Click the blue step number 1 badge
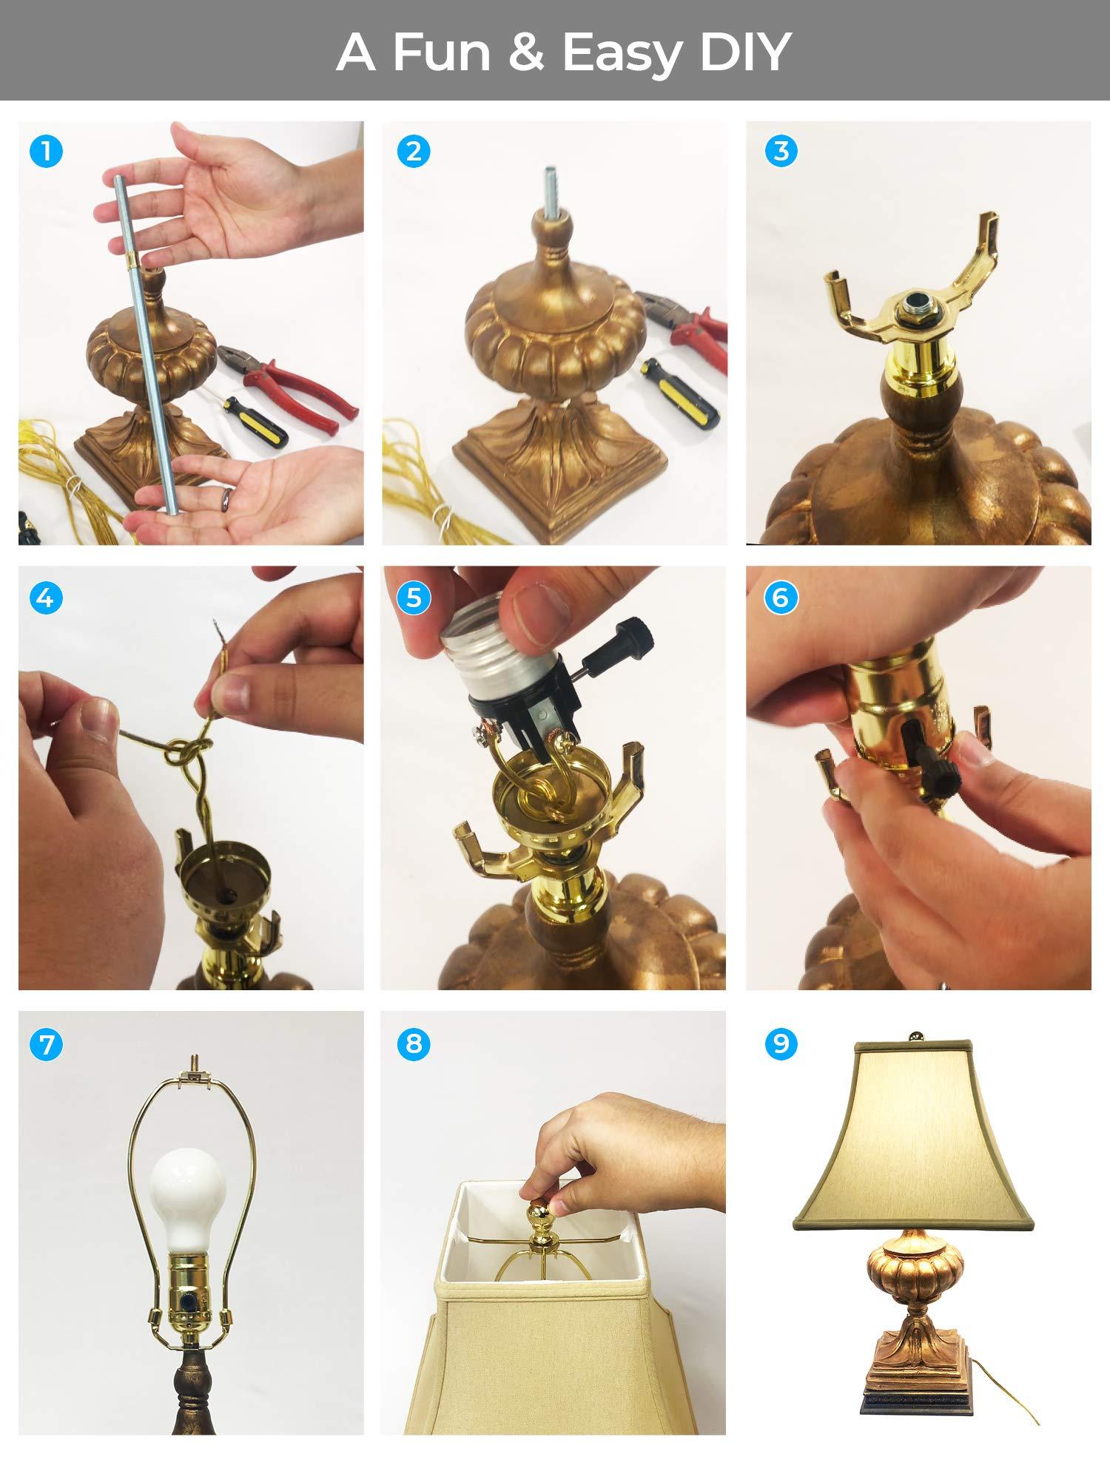click(46, 152)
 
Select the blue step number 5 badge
click(413, 598)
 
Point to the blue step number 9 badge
click(781, 1043)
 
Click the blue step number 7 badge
click(46, 1044)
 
